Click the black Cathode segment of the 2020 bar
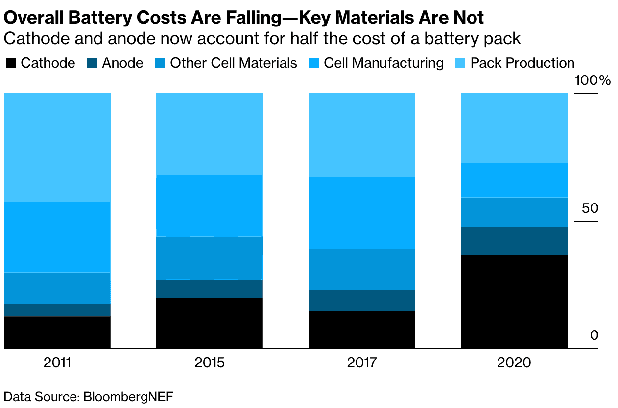click(x=514, y=302)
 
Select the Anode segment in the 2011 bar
click(x=57, y=310)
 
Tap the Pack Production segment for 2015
click(x=210, y=134)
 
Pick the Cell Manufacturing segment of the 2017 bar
click(x=362, y=213)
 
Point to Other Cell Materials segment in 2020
click(x=514, y=212)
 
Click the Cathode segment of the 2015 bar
click(x=210, y=323)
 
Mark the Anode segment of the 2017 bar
click(x=362, y=300)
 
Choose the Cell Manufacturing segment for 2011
click(x=57, y=237)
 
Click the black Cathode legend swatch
click(x=10, y=63)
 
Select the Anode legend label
click(x=122, y=63)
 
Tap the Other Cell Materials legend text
click(x=234, y=63)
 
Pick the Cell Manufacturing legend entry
click(x=383, y=63)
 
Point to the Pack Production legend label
click(x=522, y=63)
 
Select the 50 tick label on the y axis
click(x=590, y=208)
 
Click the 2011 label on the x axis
click(x=57, y=363)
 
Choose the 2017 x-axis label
click(x=362, y=363)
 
